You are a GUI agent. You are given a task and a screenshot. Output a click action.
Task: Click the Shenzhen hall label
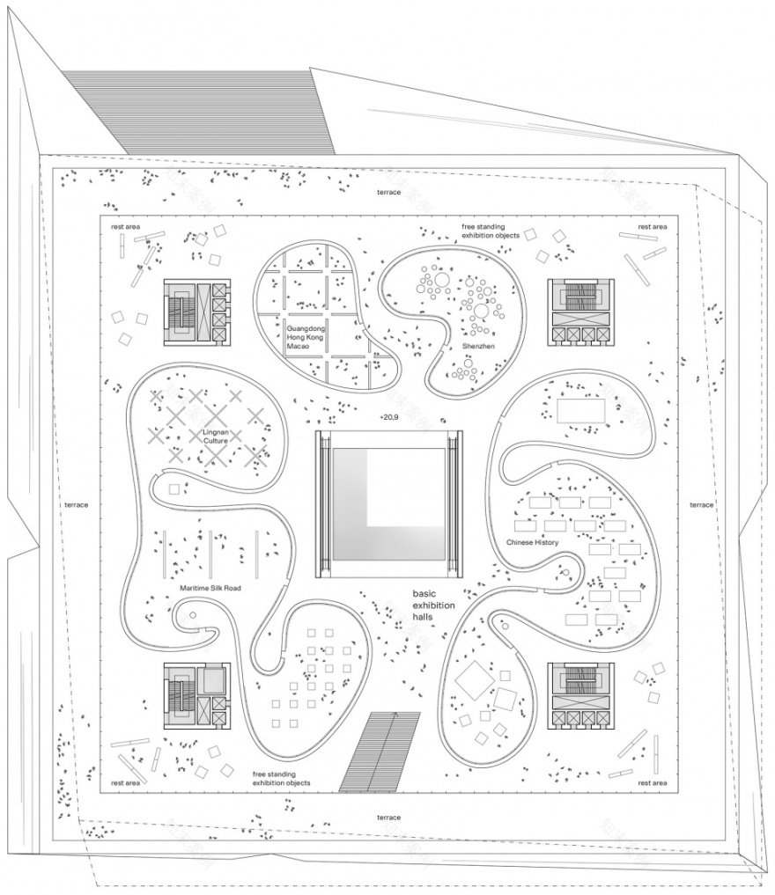click(x=476, y=347)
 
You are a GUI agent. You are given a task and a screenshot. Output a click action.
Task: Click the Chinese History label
click(x=533, y=542)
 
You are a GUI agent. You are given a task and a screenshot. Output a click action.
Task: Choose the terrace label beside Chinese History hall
click(x=701, y=504)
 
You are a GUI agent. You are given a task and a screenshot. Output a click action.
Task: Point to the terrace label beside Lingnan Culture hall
click(x=77, y=505)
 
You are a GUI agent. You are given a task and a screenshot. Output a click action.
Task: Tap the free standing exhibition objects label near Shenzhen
click(x=490, y=231)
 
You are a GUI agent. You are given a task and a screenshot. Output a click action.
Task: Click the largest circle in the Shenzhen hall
click(x=481, y=311)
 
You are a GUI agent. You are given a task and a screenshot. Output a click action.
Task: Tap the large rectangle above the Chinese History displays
click(x=580, y=410)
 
